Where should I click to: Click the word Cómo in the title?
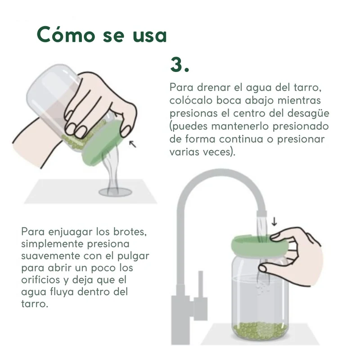tap(66, 34)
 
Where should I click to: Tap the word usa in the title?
tap(150, 36)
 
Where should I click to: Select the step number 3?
tap(180, 64)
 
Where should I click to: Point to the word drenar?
tap(214, 87)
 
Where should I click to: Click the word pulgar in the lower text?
tap(133, 256)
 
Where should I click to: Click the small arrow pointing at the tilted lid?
tap(132, 144)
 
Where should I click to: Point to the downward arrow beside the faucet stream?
tap(274, 221)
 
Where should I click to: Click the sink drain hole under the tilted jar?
tap(115, 192)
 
